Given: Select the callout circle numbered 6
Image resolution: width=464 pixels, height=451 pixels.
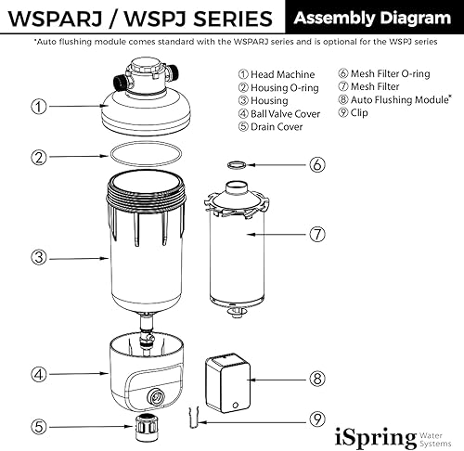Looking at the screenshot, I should (317, 164).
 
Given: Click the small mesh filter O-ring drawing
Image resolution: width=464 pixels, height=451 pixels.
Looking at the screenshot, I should (237, 164).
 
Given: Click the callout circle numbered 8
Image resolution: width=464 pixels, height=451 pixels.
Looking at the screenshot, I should (317, 379).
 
